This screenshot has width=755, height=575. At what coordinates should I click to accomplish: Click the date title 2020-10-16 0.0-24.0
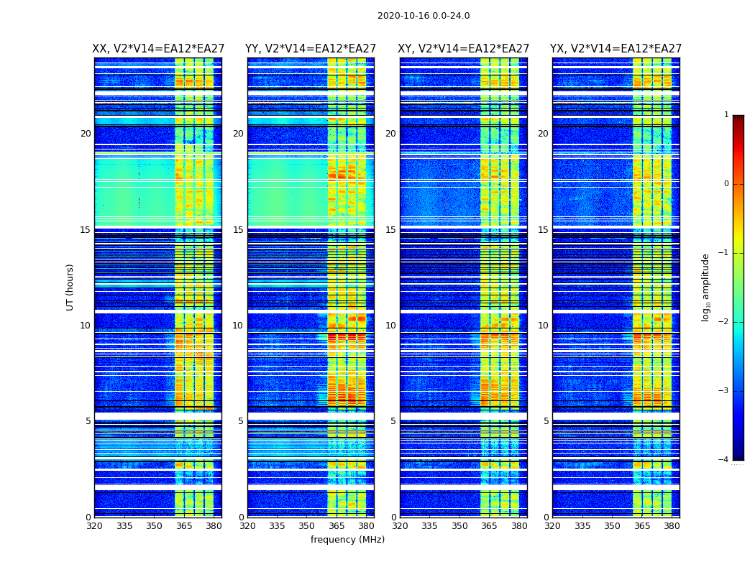click(424, 16)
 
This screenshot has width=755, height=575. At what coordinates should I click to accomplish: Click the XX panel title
click(158, 49)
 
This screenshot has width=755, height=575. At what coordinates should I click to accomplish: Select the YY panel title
click(311, 49)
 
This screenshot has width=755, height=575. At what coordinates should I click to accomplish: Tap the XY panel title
click(464, 49)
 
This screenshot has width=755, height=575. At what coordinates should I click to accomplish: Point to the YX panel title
click(616, 49)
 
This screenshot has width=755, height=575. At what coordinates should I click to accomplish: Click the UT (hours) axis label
click(70, 287)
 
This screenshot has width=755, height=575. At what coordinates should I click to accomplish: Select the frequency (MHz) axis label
click(347, 540)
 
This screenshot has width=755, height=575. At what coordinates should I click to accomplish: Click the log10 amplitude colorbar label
click(706, 287)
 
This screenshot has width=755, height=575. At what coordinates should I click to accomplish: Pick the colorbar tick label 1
click(726, 115)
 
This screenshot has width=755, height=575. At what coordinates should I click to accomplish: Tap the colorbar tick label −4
click(723, 460)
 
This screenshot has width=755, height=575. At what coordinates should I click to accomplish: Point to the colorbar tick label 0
click(726, 184)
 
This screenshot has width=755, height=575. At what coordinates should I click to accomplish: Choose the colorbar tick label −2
click(723, 322)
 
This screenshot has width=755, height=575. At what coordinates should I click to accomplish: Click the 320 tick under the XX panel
click(94, 526)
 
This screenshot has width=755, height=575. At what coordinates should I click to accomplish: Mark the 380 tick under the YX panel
click(672, 526)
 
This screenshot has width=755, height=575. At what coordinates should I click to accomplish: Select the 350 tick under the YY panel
click(307, 526)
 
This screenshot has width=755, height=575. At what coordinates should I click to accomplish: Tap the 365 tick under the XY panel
click(489, 526)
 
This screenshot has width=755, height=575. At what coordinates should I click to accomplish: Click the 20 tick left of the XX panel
click(86, 134)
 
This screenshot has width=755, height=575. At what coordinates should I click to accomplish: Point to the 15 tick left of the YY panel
click(238, 230)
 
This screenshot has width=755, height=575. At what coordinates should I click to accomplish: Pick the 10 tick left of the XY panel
click(390, 326)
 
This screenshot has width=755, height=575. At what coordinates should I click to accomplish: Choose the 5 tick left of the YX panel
click(546, 421)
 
